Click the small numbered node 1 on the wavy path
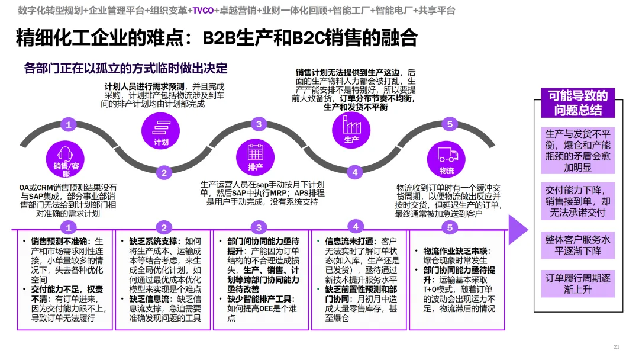(69, 124)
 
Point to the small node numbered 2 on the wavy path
(164, 173)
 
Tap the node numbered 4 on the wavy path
(354, 172)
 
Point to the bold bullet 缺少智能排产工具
(260, 299)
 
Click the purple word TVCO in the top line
(203, 11)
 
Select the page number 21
(616, 346)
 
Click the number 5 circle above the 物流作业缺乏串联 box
(449, 227)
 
